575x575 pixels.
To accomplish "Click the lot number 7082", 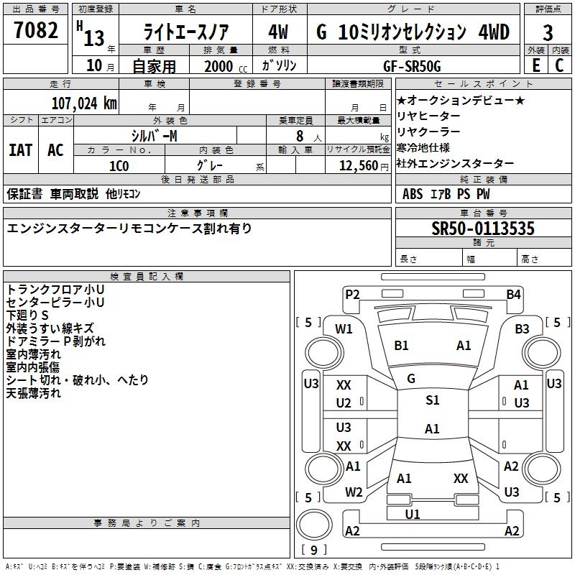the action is coord(36,31).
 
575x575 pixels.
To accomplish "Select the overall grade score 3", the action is coord(548,33).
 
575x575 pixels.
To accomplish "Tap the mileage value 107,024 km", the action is coord(84,103).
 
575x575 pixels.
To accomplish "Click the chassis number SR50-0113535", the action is coord(483,229).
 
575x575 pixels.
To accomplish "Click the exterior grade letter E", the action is coord(535,65).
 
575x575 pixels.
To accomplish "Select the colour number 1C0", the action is coord(119,165).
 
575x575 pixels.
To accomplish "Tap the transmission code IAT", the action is coord(21,149).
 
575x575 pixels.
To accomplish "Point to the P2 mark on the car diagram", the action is coord(352,294).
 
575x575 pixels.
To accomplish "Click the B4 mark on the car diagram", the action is coord(513,294).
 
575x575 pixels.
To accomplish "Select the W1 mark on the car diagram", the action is coord(344,329).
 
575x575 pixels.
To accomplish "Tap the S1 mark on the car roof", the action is coord(432,400).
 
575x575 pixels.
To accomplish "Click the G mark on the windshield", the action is coord(411,378).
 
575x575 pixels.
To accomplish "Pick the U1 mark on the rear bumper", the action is coord(413,514).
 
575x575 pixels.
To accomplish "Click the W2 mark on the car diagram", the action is coord(354,492).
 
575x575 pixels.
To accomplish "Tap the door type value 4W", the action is coord(278,33).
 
